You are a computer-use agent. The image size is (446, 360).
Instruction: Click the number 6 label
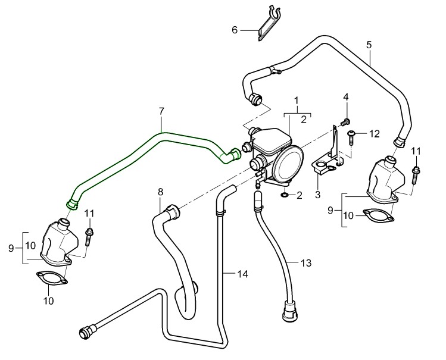click(235, 29)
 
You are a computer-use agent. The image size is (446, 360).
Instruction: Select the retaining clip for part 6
click(269, 24)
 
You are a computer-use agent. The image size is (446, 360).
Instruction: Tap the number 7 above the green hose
click(161, 111)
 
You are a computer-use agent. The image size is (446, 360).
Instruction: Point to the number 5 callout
click(369, 45)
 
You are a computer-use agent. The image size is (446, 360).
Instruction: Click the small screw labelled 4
click(345, 121)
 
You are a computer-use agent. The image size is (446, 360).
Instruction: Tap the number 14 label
click(242, 274)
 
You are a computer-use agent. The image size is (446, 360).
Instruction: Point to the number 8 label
click(160, 192)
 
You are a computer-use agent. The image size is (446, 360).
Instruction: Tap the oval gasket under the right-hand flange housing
click(378, 215)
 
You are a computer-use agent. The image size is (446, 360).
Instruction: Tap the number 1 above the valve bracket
click(296, 102)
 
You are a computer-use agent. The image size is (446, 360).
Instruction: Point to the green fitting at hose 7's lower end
click(73, 204)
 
